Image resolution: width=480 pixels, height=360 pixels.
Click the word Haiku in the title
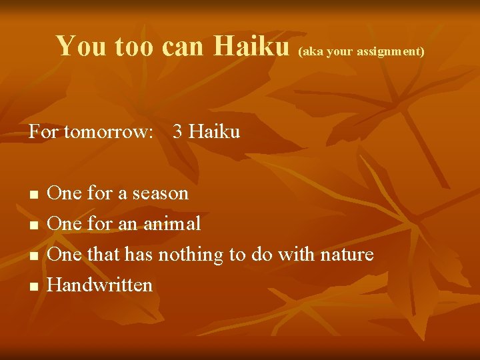pos(251,46)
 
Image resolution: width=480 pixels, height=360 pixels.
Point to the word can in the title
pos(184,46)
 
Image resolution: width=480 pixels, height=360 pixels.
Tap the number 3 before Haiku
pos(177,132)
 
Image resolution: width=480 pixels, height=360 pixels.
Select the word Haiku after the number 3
pos(214,132)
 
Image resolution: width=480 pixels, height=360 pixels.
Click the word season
pos(160,193)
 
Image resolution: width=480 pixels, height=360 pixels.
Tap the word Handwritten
pos(101,285)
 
